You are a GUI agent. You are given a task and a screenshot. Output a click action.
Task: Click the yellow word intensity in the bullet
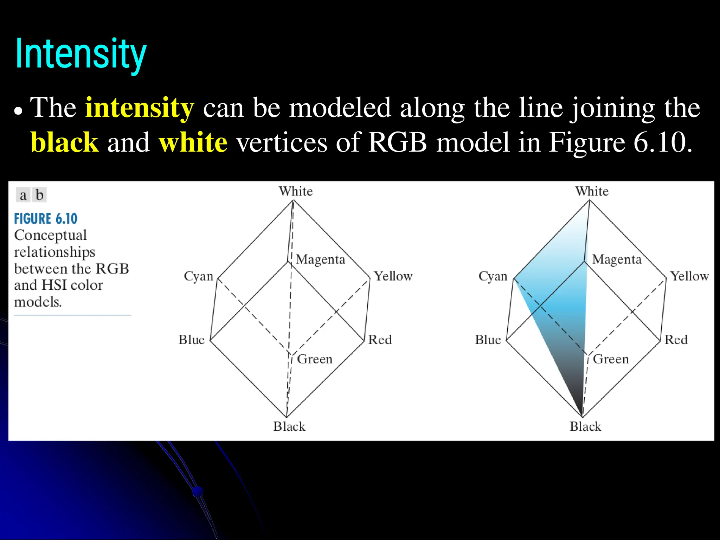(x=139, y=108)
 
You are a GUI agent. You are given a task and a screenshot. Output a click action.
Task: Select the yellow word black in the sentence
(x=64, y=142)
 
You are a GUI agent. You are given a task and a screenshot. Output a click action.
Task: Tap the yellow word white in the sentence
(x=193, y=142)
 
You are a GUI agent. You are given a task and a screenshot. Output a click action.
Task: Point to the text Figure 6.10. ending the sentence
(x=620, y=142)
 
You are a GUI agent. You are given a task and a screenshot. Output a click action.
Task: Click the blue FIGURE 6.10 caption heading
(x=46, y=219)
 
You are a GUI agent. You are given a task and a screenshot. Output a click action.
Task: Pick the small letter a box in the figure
(x=23, y=195)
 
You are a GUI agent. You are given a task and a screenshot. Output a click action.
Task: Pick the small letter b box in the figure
(x=39, y=195)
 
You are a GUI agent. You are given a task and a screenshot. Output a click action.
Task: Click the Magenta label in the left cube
(x=320, y=259)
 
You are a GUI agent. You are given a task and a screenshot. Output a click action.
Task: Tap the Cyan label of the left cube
(x=199, y=276)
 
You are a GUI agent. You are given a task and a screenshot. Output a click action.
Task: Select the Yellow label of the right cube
(x=689, y=276)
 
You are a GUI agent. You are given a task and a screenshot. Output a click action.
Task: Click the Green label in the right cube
(x=611, y=359)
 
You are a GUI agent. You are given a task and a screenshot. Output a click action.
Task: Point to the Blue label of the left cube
(x=192, y=340)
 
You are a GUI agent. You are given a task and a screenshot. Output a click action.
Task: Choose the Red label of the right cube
(x=676, y=340)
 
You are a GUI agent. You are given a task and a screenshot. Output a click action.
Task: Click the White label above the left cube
(x=296, y=191)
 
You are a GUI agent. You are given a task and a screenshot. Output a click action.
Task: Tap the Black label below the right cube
(x=585, y=426)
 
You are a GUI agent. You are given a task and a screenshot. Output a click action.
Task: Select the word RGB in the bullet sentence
(x=397, y=142)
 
